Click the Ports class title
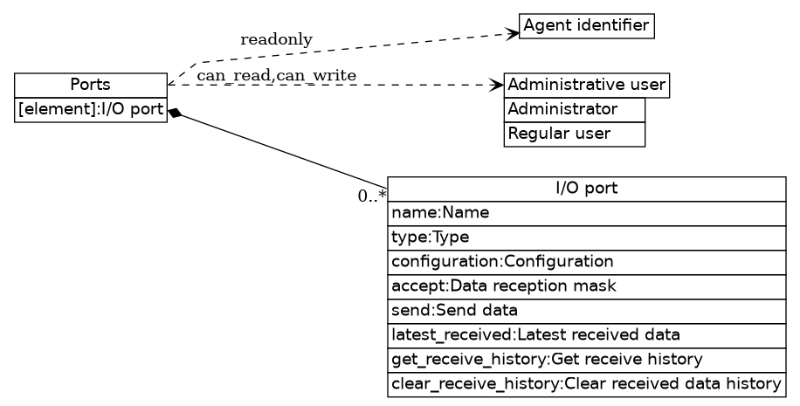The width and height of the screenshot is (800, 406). point(91,85)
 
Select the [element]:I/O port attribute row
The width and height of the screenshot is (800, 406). point(91,109)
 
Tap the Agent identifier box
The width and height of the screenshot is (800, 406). point(586,25)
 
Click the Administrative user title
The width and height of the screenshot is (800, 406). point(587,86)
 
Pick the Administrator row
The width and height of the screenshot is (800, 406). point(574,109)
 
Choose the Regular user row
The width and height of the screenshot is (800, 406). point(574,134)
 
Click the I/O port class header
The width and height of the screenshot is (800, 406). point(587,189)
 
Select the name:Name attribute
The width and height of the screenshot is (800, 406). point(587,213)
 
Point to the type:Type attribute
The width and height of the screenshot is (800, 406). point(587,237)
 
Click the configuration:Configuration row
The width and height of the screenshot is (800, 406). point(587,262)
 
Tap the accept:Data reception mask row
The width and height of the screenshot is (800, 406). point(587,286)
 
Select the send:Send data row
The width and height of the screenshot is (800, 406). point(587,311)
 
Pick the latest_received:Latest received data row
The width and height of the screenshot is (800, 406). point(587,335)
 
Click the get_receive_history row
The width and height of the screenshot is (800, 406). point(587,360)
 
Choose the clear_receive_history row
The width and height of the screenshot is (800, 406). point(587,384)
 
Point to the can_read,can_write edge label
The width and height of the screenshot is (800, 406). point(276,76)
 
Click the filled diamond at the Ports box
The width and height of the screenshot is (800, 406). point(175,113)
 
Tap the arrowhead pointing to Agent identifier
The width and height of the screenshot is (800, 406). point(514,33)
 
